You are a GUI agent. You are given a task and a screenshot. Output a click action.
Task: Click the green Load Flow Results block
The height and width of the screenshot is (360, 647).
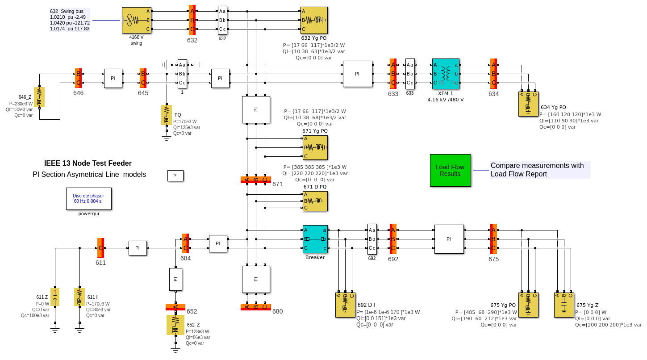450,170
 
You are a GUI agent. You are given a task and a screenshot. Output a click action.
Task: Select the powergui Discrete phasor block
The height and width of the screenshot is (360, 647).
88,199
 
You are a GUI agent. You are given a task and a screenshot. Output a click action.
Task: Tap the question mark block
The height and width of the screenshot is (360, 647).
175,176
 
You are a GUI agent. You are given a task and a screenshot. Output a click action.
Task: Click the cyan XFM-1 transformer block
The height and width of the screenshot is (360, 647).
445,74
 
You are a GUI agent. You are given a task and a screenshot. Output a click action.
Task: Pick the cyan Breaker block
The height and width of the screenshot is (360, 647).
315,239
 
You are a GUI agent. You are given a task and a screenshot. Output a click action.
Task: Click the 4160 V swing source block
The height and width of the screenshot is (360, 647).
136,20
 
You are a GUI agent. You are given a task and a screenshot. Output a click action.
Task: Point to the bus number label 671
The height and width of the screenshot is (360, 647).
277,184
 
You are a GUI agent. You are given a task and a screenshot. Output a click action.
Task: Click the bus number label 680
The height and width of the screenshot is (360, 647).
277,311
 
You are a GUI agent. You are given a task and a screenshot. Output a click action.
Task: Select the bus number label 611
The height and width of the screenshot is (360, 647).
100,263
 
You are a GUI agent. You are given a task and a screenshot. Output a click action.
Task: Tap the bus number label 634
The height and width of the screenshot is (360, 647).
493,94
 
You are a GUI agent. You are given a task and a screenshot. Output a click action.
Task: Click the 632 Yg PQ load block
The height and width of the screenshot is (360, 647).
314,20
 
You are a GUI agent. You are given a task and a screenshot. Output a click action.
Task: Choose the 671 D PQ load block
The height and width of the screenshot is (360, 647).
315,201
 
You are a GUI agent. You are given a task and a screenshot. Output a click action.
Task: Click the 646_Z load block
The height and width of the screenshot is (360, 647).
39,97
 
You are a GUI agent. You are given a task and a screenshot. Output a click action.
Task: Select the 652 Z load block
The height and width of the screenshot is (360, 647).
175,325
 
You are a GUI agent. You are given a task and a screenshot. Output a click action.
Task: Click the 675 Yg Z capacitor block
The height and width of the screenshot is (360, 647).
564,305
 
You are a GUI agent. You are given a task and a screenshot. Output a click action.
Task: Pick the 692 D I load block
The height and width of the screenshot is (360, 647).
345,305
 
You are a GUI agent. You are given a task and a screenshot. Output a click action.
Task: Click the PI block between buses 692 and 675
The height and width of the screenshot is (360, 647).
449,239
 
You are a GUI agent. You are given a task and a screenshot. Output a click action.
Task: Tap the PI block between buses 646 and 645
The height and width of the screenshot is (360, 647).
113,78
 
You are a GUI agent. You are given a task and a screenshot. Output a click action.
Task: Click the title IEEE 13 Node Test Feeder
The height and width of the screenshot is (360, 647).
88,163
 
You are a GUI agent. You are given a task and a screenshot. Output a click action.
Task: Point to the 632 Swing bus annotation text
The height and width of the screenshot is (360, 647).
70,20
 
